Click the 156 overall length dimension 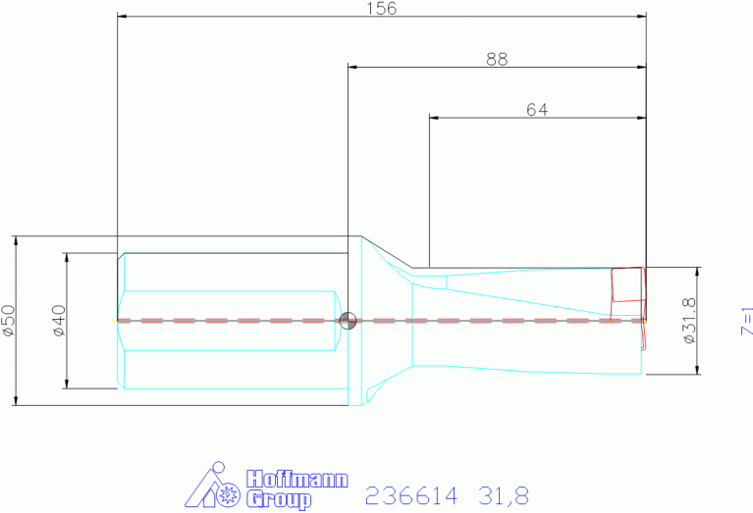382,9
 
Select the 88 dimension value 497,60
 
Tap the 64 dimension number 537,110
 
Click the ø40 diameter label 59,320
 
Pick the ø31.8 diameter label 688,320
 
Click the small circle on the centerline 348,320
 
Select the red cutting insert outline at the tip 627,284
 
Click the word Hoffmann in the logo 296,479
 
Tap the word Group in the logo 279,499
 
